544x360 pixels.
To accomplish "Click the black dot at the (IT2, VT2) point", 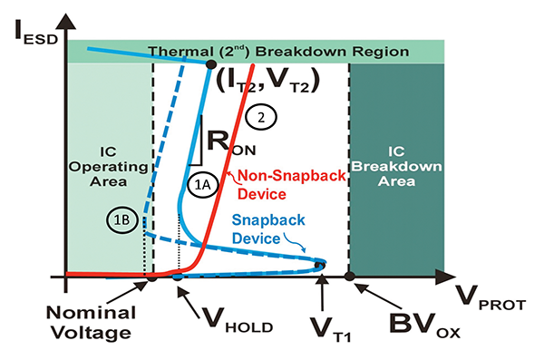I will point(211,64).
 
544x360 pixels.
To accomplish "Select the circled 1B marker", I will point(119,219).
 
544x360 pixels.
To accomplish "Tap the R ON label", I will point(229,144).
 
